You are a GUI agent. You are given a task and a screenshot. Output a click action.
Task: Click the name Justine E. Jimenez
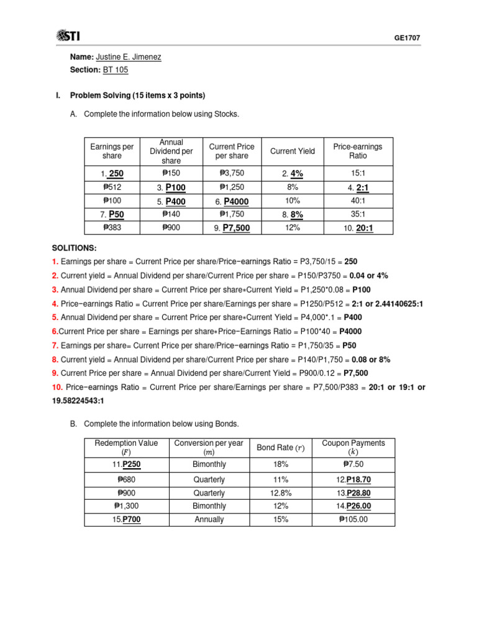(x=129, y=57)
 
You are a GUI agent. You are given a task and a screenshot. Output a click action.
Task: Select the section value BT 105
(x=116, y=70)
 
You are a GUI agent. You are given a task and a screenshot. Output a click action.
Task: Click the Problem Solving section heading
(x=137, y=95)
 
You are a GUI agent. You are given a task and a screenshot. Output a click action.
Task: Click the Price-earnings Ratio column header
(x=358, y=151)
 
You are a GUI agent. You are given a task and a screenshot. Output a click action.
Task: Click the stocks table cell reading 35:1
(x=358, y=214)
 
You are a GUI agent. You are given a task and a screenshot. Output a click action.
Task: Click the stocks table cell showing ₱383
(x=112, y=228)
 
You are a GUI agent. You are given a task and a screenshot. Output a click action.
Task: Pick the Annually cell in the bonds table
(x=209, y=520)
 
